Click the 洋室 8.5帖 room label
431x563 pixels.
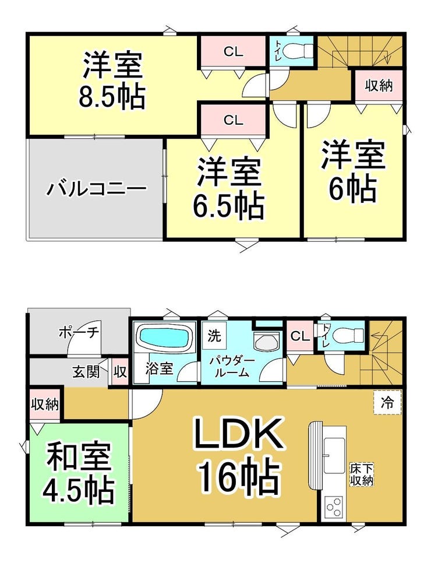click(x=112, y=81)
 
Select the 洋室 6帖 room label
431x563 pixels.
click(x=353, y=171)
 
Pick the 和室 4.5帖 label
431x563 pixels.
click(x=79, y=474)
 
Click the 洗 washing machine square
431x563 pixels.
click(x=214, y=336)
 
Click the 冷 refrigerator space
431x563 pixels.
click(x=387, y=403)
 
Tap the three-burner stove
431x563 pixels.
click(x=334, y=507)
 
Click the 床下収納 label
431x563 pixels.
click(x=362, y=474)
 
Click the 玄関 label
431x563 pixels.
click(x=86, y=372)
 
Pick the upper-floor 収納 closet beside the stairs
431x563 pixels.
click(x=379, y=86)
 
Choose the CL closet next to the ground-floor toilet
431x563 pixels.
click(x=300, y=336)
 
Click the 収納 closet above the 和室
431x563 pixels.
click(x=45, y=404)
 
